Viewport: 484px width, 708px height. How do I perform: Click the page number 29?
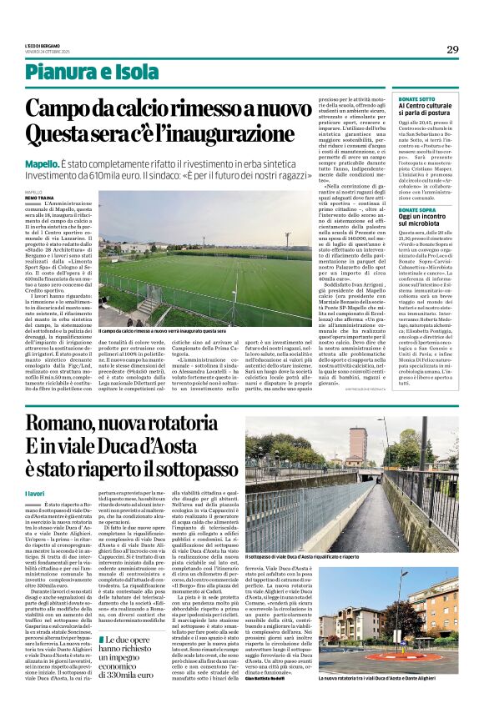point(452,49)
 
